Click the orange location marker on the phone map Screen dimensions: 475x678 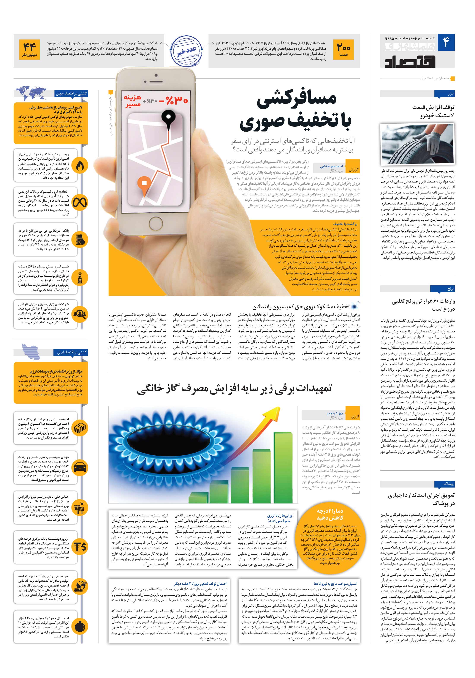coord(144,183)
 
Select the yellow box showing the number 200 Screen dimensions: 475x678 coord(344,50)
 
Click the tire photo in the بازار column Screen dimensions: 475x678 coord(417,144)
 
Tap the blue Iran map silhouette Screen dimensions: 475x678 coord(31,352)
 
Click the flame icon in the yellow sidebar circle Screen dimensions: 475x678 coord(80,166)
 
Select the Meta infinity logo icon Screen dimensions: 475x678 coord(80,203)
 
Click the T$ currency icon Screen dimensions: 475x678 coord(80,546)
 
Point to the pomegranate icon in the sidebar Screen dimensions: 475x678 coord(80,626)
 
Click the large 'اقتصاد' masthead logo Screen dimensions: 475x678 coord(410,61)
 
